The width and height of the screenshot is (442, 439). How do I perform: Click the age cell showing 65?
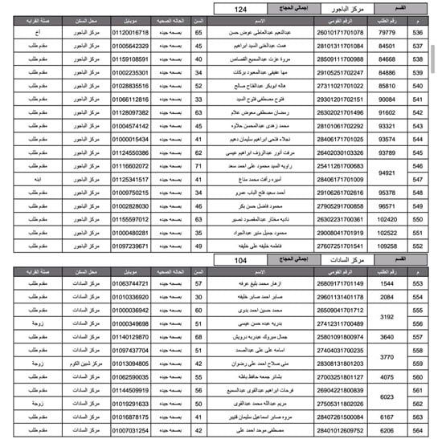coord(198,33)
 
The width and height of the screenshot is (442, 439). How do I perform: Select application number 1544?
coord(387,284)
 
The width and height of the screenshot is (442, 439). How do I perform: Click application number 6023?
coord(387,397)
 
